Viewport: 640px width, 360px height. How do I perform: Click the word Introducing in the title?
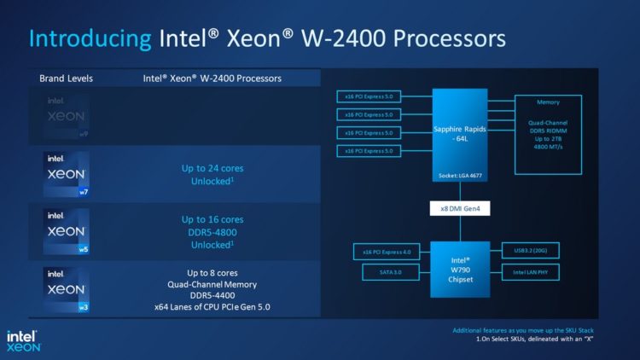pos(90,38)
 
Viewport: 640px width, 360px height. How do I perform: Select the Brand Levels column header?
pos(66,78)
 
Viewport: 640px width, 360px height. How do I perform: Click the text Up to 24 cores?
pos(213,168)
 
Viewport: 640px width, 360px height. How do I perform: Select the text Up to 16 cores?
pos(213,219)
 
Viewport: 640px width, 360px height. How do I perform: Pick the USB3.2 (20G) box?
pos(537,251)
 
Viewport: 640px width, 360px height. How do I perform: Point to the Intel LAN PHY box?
pos(537,272)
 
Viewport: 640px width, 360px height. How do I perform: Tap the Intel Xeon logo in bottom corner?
pos(25,340)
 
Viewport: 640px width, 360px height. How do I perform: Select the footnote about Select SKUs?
pos(546,340)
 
